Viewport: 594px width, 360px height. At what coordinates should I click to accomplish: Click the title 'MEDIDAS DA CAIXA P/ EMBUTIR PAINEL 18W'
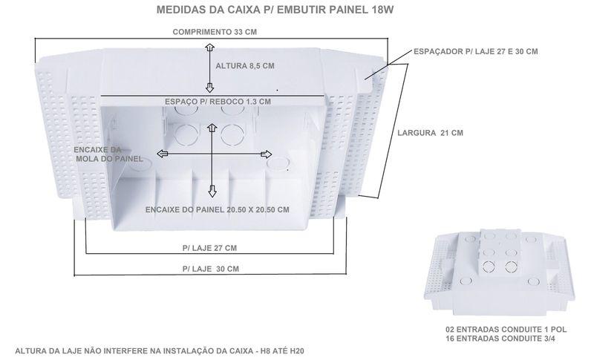click(275, 10)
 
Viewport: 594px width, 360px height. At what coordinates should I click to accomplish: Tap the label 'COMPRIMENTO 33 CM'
click(215, 32)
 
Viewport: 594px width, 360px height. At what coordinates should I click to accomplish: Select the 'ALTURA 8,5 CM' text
click(245, 66)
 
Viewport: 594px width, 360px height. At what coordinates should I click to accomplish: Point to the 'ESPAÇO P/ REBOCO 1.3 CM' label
click(218, 102)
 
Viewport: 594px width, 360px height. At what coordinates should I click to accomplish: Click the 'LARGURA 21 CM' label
click(431, 133)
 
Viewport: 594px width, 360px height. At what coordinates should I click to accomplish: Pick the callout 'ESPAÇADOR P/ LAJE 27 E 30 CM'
click(475, 51)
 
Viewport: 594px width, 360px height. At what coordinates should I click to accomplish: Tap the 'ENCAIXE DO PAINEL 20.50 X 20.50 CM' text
click(218, 210)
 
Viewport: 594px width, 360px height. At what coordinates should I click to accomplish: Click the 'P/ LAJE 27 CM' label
click(209, 249)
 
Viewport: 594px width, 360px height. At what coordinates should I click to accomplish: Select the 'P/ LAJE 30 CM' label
click(211, 269)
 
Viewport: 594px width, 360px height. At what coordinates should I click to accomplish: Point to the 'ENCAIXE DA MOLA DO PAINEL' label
click(108, 154)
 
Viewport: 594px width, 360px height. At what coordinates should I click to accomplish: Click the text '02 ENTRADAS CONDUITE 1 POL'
click(506, 330)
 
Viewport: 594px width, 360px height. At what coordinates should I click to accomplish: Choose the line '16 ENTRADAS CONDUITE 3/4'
click(500, 338)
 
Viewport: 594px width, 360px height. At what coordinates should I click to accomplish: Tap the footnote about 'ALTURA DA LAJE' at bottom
click(160, 351)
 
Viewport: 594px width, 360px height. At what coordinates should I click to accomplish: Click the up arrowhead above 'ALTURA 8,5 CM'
click(209, 48)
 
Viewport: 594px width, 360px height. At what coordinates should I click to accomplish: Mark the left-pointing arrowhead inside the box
click(163, 154)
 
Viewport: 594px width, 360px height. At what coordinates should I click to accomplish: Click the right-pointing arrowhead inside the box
click(267, 154)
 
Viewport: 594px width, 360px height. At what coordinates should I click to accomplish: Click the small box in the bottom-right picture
click(499, 273)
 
